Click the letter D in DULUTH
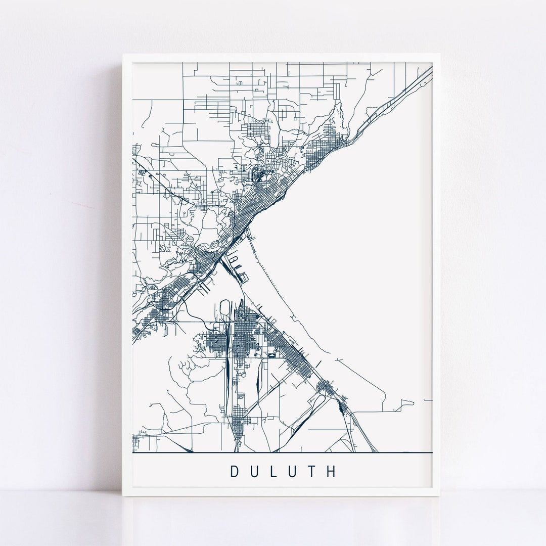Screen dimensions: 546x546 point(235,471)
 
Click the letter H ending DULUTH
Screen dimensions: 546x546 point(331,471)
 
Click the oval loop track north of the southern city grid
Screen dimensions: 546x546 point(224,309)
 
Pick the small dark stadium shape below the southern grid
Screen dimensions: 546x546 point(273,355)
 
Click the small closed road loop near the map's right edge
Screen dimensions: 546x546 point(407,404)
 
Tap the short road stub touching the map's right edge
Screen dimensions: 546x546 point(429,399)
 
